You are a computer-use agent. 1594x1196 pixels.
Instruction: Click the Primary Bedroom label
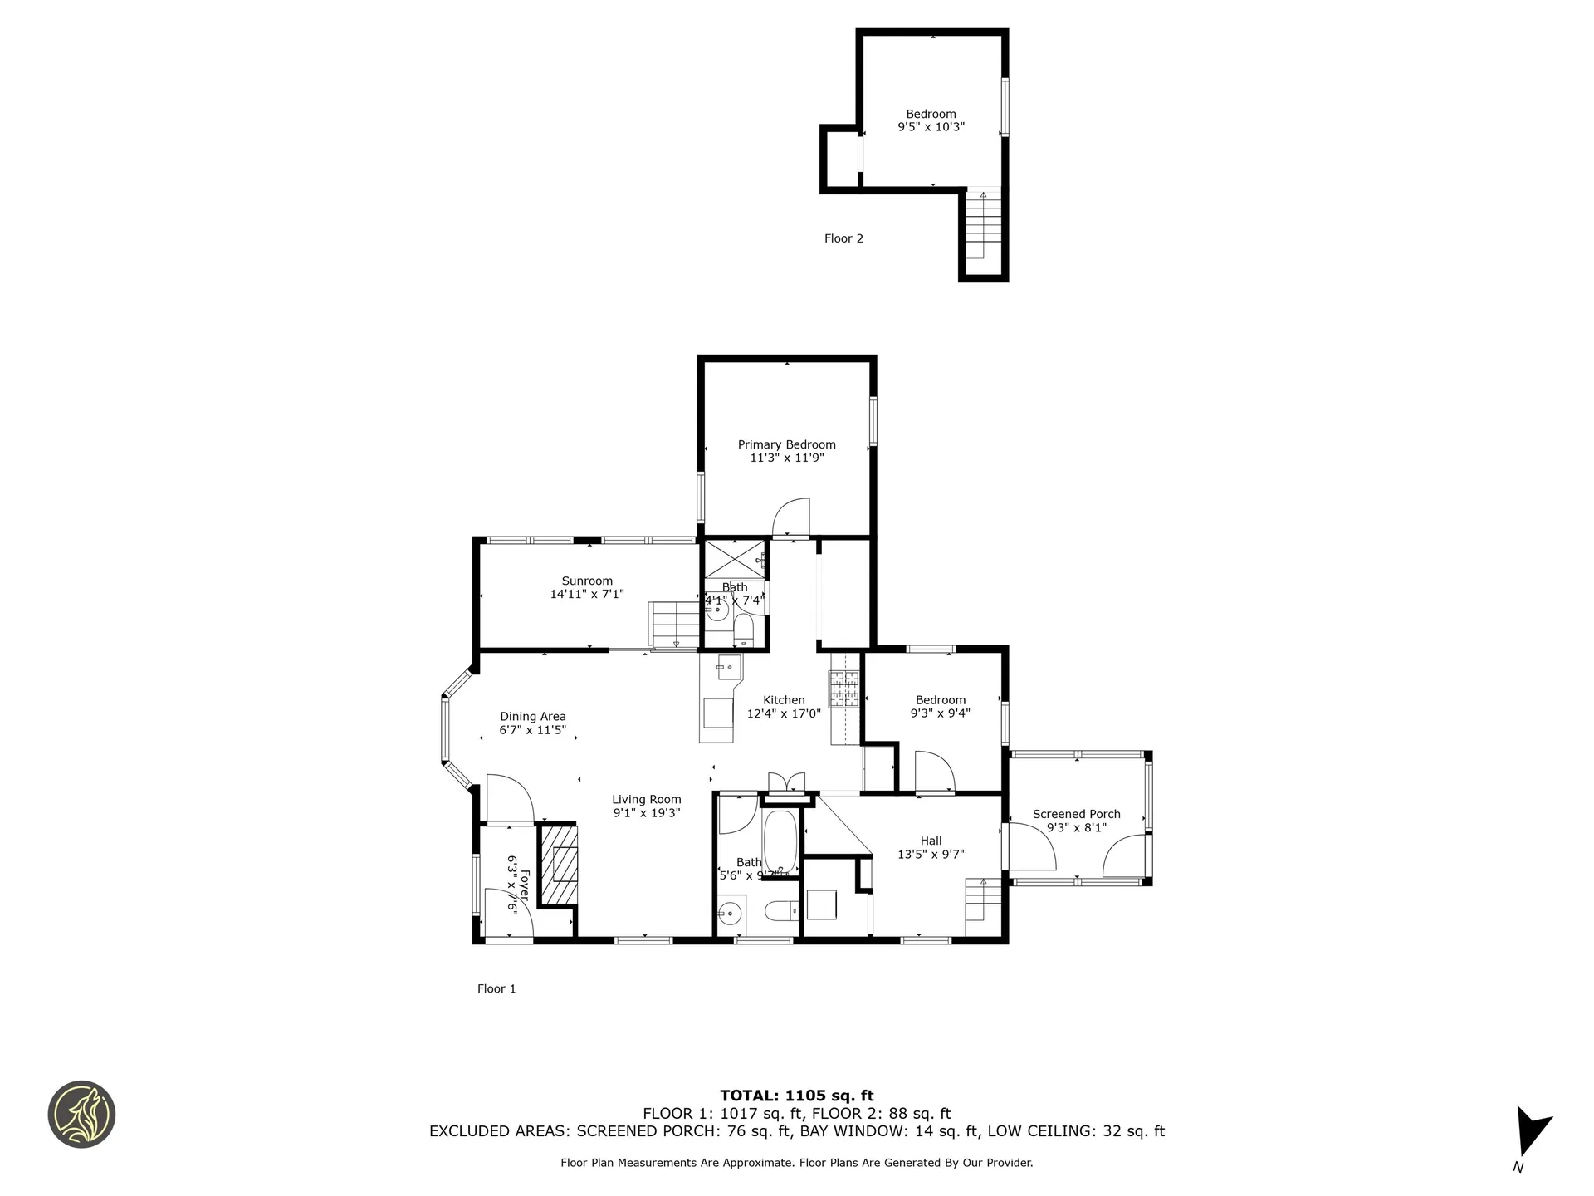click(786, 444)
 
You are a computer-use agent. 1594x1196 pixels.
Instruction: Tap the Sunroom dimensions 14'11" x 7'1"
click(586, 594)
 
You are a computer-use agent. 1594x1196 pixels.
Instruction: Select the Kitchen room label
click(784, 700)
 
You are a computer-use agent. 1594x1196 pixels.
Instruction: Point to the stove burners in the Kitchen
click(844, 689)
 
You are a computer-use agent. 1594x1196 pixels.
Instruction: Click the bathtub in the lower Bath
click(780, 841)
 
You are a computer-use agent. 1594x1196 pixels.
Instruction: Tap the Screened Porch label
click(1076, 814)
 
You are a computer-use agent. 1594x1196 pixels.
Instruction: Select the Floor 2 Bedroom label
click(931, 114)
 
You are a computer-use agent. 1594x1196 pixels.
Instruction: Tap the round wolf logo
click(81, 1115)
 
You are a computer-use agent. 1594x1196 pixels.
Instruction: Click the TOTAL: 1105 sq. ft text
click(796, 1096)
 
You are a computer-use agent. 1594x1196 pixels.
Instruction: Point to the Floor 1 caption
click(496, 988)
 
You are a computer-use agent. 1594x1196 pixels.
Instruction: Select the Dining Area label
click(532, 717)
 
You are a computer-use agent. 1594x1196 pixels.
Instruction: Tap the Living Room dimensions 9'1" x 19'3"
click(647, 813)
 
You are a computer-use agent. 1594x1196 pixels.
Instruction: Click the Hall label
click(931, 841)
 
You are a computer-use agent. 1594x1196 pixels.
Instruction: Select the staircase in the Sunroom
click(674, 624)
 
